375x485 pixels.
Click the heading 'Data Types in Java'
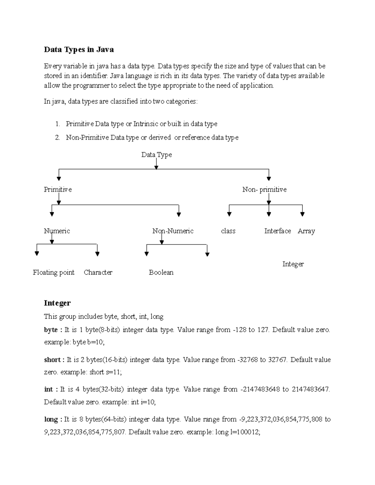click(x=79, y=50)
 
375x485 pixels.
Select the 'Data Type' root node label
click(x=156, y=155)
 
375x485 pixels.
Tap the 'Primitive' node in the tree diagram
click(x=58, y=190)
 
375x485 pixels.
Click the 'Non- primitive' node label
click(x=264, y=190)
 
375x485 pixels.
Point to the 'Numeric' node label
click(x=57, y=231)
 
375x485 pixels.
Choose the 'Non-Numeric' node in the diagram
click(x=173, y=231)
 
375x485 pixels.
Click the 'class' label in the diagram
click(x=228, y=231)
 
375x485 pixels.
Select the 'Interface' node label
click(x=277, y=231)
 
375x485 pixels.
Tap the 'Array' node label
click(x=306, y=231)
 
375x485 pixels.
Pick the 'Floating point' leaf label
click(x=54, y=273)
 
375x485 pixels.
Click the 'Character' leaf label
click(x=98, y=273)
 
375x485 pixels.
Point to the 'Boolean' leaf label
click(x=161, y=273)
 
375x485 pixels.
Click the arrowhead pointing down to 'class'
click(x=229, y=214)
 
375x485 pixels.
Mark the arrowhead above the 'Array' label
click(x=302, y=214)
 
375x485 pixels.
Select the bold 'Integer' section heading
click(x=57, y=303)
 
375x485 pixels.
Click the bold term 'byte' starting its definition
click(x=51, y=330)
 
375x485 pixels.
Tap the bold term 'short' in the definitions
click(x=52, y=360)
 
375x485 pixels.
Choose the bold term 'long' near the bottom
click(x=51, y=419)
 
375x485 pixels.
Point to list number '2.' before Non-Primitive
click(x=57, y=137)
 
